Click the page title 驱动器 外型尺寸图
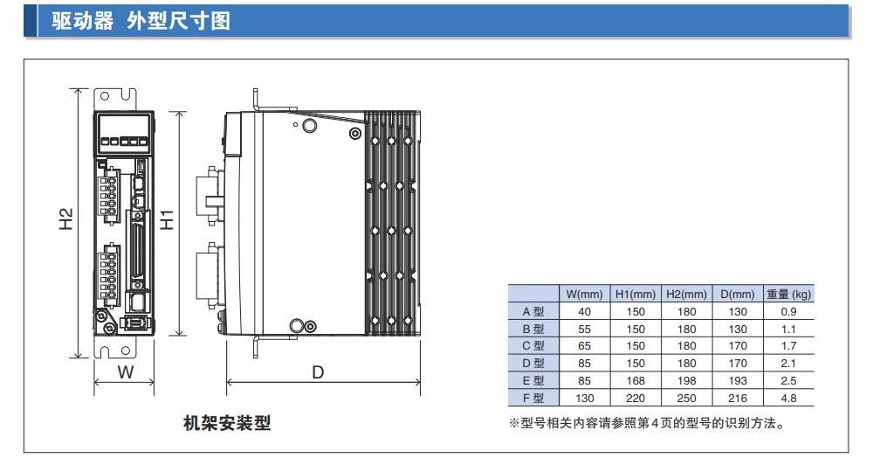tap(141, 20)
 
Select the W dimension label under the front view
tap(125, 373)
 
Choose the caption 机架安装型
tap(227, 423)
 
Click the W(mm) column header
tap(584, 295)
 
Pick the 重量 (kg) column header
tap(788, 295)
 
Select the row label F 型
tap(533, 398)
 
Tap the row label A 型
tap(533, 311)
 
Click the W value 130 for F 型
tap(584, 398)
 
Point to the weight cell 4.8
tap(788, 398)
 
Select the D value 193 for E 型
tap(738, 380)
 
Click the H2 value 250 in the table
tap(686, 398)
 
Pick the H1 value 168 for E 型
tap(636, 380)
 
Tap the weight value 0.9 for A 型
tap(788, 311)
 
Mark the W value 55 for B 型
tap(584, 329)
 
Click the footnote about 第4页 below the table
tap(646, 424)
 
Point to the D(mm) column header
tap(738, 295)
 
